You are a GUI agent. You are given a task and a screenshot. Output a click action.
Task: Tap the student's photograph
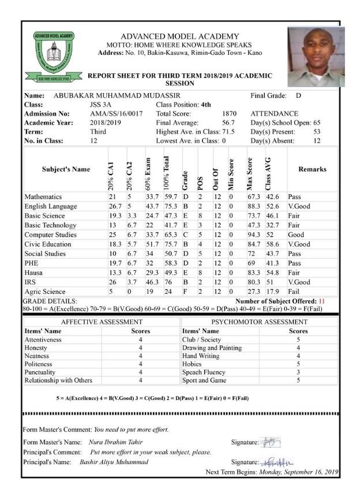click(x=315, y=57)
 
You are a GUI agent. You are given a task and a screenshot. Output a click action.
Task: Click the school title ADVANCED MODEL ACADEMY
click(x=179, y=36)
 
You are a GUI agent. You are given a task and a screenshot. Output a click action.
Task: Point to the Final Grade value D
click(x=298, y=95)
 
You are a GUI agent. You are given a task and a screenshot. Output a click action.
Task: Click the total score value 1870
click(x=229, y=114)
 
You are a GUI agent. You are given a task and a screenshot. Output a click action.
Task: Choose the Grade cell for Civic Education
click(x=185, y=244)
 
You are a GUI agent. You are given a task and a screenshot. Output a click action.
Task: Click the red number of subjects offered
click(x=322, y=301)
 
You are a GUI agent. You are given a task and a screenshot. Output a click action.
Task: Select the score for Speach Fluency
click(x=298, y=372)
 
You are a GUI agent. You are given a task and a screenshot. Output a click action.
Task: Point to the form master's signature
click(x=270, y=442)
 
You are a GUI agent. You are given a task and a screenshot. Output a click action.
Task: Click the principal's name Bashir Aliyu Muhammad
click(x=114, y=462)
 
